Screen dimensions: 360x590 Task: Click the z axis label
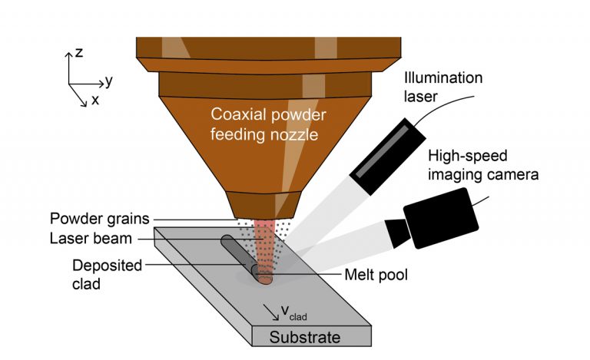(x=79, y=53)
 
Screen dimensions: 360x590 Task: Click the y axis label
(x=110, y=79)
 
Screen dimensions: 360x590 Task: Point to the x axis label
(x=94, y=100)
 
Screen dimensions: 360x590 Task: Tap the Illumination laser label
(x=443, y=86)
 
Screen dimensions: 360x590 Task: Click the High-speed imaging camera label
(x=482, y=165)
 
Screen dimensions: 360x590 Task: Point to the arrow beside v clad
(x=270, y=310)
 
